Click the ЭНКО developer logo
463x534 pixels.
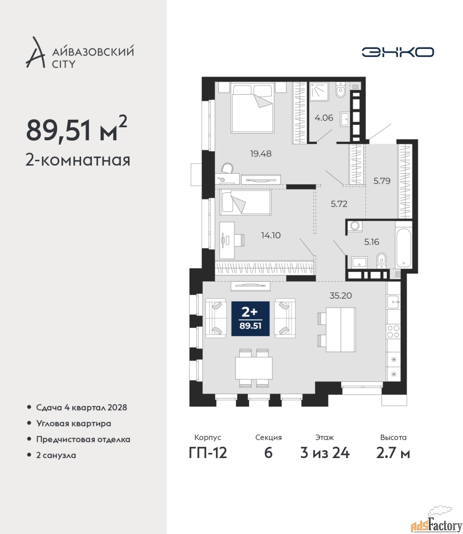(x=397, y=52)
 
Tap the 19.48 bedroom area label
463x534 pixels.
(x=261, y=154)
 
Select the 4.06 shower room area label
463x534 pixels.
(x=324, y=118)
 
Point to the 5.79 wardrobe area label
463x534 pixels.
(x=382, y=181)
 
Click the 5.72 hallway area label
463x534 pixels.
(x=339, y=204)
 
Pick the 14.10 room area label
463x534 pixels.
(x=271, y=235)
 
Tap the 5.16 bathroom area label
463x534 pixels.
(x=372, y=242)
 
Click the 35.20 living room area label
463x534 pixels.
(x=340, y=295)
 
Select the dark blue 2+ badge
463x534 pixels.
(x=250, y=319)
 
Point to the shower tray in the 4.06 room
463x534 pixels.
(x=319, y=91)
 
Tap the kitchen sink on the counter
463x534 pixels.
(x=393, y=302)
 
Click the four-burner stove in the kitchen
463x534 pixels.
(x=393, y=331)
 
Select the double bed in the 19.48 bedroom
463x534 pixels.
(x=252, y=108)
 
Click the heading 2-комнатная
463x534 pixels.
(x=78, y=160)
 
